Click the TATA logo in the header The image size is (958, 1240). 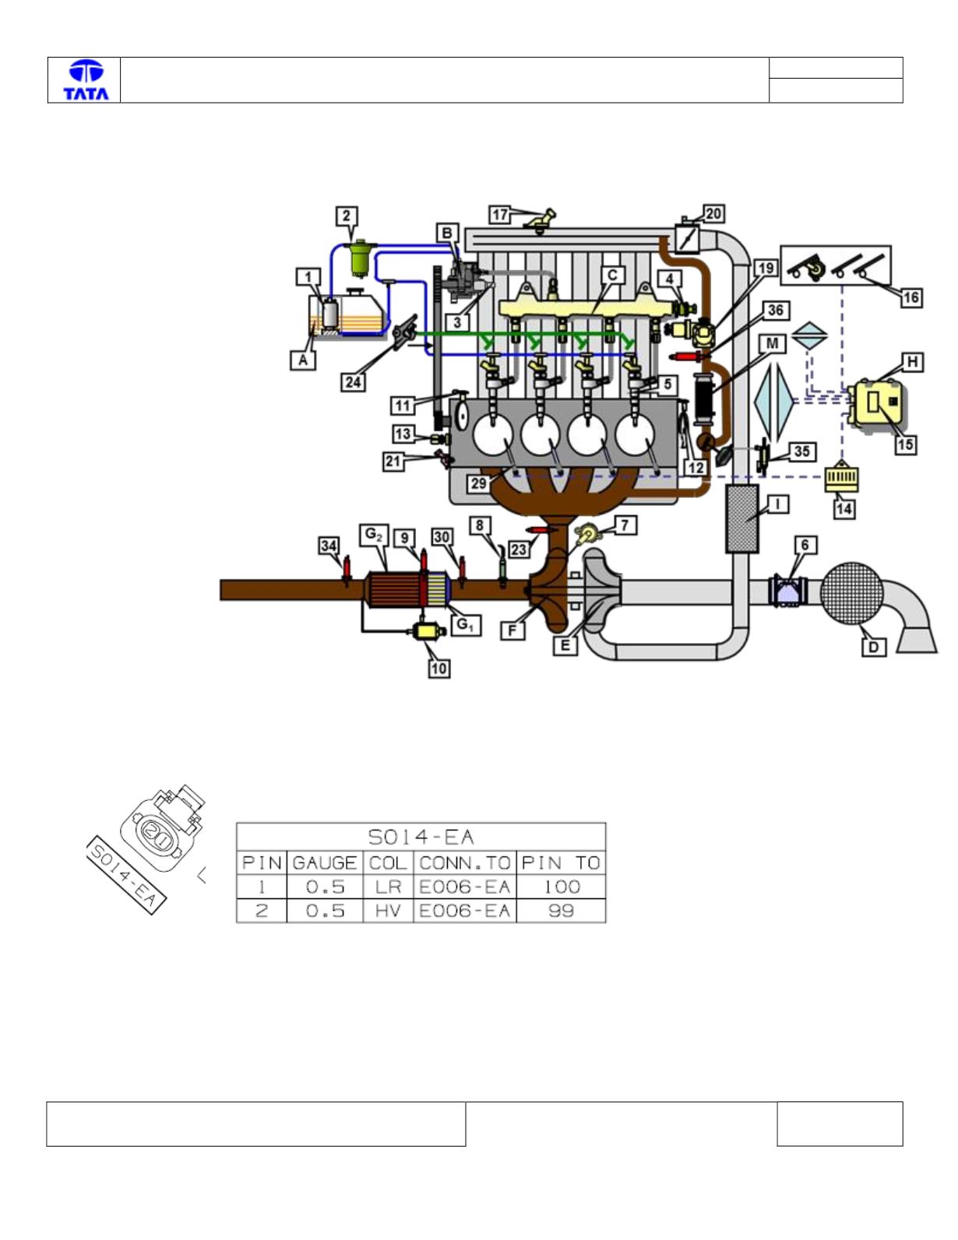pyautogui.click(x=86, y=80)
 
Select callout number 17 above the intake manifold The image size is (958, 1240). pyautogui.click(x=499, y=215)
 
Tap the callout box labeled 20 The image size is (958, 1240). pyautogui.click(x=713, y=214)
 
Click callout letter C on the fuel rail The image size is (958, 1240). pyautogui.click(x=613, y=275)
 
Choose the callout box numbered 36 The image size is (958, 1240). pyautogui.click(x=775, y=311)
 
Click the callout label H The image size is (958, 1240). pyautogui.click(x=912, y=362)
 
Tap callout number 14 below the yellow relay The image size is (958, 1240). pyautogui.click(x=844, y=508)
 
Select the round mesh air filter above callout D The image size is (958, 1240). pyautogui.click(x=852, y=593)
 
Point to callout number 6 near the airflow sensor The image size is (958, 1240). pyautogui.click(x=805, y=545)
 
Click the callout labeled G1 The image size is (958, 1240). pyautogui.click(x=465, y=625)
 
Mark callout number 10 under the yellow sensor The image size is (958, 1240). pyautogui.click(x=439, y=668)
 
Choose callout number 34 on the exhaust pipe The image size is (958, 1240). pyautogui.click(x=329, y=546)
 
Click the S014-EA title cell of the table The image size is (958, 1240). pyautogui.click(x=421, y=837)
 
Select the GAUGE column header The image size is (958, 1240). pyautogui.click(x=324, y=862)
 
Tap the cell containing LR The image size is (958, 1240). pyautogui.click(x=388, y=887)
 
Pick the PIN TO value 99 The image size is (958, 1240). pyautogui.click(x=561, y=911)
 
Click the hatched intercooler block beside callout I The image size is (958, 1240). pyautogui.click(x=742, y=518)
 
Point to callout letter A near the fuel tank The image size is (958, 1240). pyautogui.click(x=303, y=360)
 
